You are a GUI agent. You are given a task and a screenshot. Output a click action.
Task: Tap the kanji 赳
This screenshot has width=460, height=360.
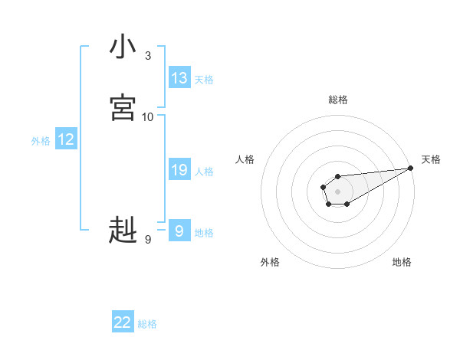pyautogui.click(x=123, y=230)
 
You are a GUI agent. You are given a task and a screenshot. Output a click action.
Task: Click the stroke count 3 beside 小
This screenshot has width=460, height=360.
pyautogui.click(x=148, y=56)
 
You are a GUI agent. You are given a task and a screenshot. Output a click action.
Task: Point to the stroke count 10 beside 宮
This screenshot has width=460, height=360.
pyautogui.click(x=148, y=116)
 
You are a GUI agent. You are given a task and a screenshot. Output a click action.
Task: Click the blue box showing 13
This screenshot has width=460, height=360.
pyautogui.click(x=179, y=78)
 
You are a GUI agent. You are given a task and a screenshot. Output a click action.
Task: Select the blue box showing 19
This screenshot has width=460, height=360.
pyautogui.click(x=179, y=170)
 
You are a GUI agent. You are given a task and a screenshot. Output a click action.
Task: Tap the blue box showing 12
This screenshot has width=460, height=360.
pyautogui.click(x=66, y=139)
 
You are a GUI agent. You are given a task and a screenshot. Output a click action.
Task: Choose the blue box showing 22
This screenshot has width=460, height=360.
pyautogui.click(x=123, y=322)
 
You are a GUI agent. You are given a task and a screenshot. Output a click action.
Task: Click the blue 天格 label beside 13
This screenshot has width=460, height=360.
pyautogui.click(x=204, y=80)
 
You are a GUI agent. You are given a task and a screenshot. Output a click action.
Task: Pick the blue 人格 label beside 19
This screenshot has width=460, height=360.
pyautogui.click(x=204, y=172)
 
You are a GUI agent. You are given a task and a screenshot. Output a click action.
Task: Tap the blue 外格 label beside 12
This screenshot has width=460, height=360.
pyautogui.click(x=41, y=141)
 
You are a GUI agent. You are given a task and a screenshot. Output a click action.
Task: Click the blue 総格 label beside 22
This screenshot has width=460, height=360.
pyautogui.click(x=147, y=324)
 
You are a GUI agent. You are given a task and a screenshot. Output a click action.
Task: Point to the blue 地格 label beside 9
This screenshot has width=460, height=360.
pyautogui.click(x=204, y=233)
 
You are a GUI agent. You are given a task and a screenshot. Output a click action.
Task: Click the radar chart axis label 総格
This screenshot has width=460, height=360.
pyautogui.click(x=338, y=100)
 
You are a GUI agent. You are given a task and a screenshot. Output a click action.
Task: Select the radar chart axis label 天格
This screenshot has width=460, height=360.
pyautogui.click(x=432, y=159)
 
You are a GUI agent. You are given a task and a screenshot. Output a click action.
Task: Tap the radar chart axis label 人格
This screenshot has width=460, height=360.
pyautogui.click(x=245, y=159)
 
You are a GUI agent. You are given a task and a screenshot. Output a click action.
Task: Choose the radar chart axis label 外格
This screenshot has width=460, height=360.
pyautogui.click(x=270, y=262)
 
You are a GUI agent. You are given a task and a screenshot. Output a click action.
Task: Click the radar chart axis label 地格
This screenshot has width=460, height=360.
pyautogui.click(x=402, y=262)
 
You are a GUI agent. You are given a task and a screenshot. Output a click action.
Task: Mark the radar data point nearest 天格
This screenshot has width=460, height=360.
pyautogui.click(x=410, y=168)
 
